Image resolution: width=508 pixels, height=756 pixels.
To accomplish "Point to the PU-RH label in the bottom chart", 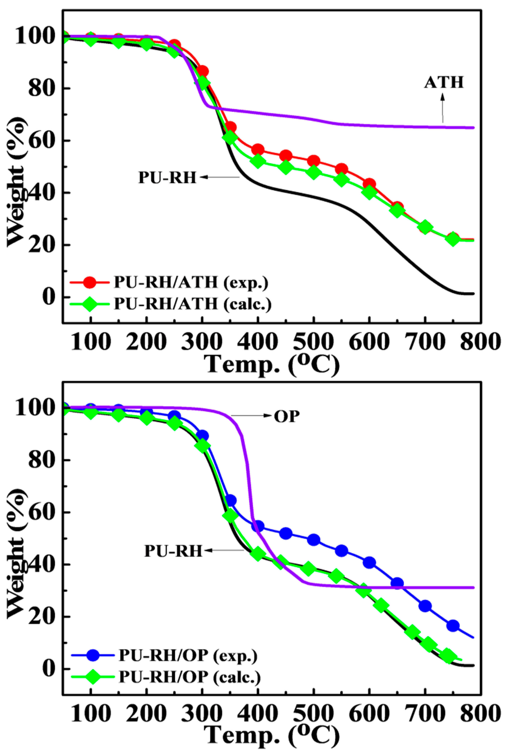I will [173, 551].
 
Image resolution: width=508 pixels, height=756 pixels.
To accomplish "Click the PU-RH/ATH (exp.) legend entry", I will [191, 283].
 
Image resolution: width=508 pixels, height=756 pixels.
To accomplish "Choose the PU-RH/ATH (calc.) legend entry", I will [193, 304].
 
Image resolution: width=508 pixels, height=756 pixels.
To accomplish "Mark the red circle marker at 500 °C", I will [314, 161].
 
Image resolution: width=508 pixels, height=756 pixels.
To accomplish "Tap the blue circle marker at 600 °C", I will [369, 563].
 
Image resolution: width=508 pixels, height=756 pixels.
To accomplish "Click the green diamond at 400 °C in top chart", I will [258, 161].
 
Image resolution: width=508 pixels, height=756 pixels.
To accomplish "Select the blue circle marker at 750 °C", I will [453, 625].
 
